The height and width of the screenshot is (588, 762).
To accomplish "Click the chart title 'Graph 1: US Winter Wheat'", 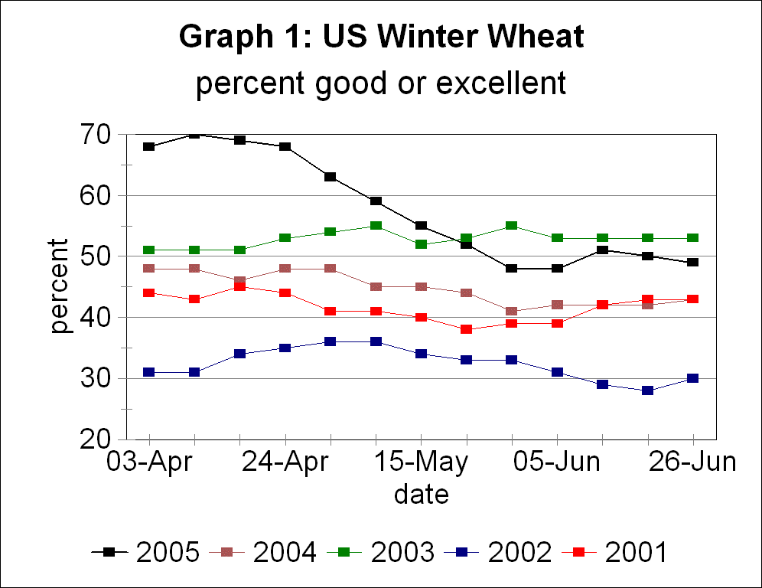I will pyautogui.click(x=381, y=37).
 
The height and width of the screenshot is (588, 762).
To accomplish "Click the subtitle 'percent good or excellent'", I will pyautogui.click(x=381, y=83).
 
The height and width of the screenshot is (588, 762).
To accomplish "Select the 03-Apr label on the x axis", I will pyautogui.click(x=150, y=464).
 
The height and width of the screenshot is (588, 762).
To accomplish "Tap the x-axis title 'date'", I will pyautogui.click(x=421, y=494).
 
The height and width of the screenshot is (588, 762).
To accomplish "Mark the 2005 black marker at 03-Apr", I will pyautogui.click(x=149, y=146).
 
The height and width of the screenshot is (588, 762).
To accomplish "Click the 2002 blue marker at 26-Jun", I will pyautogui.click(x=693, y=378).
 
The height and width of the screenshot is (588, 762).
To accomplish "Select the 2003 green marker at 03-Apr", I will pyautogui.click(x=149, y=250).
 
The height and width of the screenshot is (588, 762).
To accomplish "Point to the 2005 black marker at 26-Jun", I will pyautogui.click(x=693, y=262).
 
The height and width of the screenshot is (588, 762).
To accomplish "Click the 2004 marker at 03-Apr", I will pyautogui.click(x=149, y=268).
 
